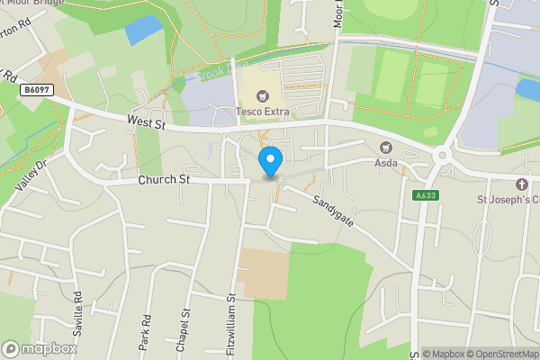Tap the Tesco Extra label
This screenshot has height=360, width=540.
(x=263, y=112)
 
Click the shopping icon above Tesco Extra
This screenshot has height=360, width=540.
(x=263, y=95)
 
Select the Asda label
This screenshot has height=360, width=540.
(x=388, y=163)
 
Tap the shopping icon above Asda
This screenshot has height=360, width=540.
(x=388, y=148)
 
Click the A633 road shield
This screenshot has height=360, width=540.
(x=426, y=195)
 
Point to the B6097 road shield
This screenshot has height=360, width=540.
(x=36, y=90)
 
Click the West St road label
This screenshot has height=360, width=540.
(x=148, y=119)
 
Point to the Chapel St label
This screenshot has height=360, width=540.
(x=186, y=325)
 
